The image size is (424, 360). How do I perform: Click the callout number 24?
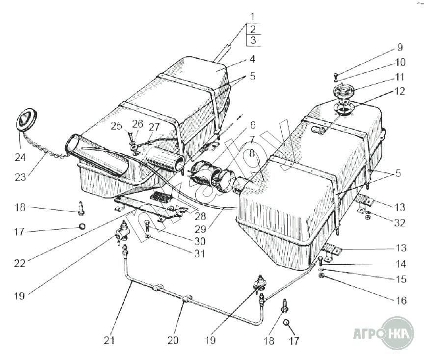pyautogui.click(x=20, y=157)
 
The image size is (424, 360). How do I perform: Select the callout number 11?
pyautogui.click(x=399, y=77)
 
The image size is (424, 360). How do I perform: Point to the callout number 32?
pyautogui.click(x=399, y=223)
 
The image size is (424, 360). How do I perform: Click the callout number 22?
pyautogui.click(x=20, y=263)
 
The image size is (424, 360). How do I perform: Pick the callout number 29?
pyautogui.click(x=200, y=229)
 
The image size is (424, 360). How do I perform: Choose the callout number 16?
pyautogui.click(x=401, y=300)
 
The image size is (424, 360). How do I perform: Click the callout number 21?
pyautogui.click(x=109, y=340)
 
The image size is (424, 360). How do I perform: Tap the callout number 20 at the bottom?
pyautogui.click(x=173, y=340)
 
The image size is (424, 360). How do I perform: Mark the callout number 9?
pyautogui.click(x=400, y=47)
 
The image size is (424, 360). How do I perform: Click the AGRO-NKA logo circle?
pyautogui.click(x=397, y=333)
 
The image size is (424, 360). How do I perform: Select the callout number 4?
pyautogui.click(x=252, y=59)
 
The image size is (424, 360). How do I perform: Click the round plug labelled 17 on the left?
pyautogui.click(x=82, y=226)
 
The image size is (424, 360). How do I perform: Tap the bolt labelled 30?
pyautogui.click(x=147, y=225)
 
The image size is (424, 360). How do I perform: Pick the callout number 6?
pyautogui.click(x=253, y=125)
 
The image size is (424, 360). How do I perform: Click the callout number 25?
pyautogui.click(x=116, y=126)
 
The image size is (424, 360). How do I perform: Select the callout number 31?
pyautogui.click(x=200, y=253)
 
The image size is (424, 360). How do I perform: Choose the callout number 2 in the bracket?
pyautogui.click(x=253, y=29)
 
